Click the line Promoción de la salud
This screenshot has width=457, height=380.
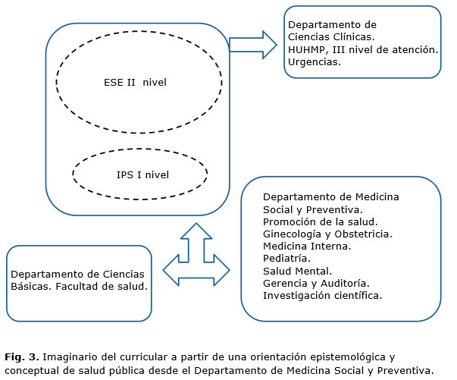click(320, 221)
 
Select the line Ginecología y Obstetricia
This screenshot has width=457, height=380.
click(327, 234)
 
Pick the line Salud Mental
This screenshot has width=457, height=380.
click(296, 270)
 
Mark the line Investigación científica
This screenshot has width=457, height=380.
click(322, 294)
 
